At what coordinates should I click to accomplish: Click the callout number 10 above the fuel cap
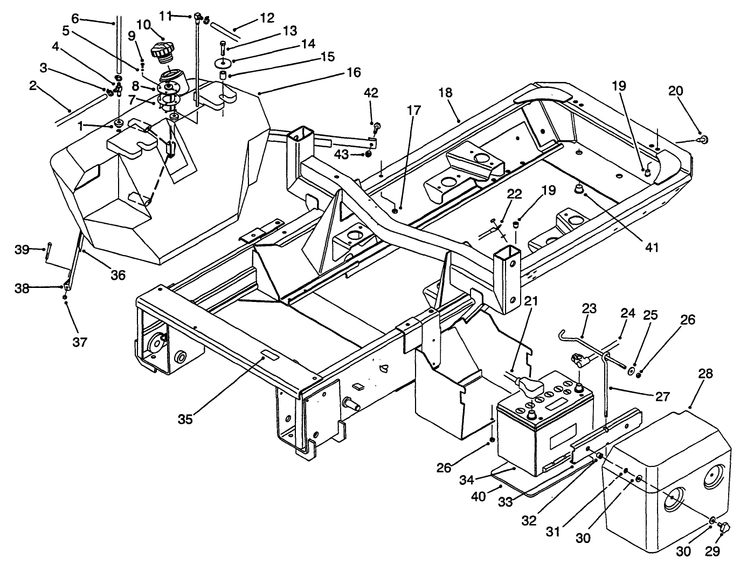click(143, 25)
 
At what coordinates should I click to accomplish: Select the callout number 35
click(185, 419)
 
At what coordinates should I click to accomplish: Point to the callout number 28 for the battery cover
click(706, 373)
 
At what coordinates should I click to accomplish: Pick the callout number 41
click(652, 247)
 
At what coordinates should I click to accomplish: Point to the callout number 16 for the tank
click(354, 72)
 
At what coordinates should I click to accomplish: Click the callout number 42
click(371, 92)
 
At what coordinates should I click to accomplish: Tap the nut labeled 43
click(368, 154)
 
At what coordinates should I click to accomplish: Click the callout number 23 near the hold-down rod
click(590, 309)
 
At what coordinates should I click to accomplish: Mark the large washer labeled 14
click(222, 63)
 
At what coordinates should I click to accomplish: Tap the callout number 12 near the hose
click(267, 18)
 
